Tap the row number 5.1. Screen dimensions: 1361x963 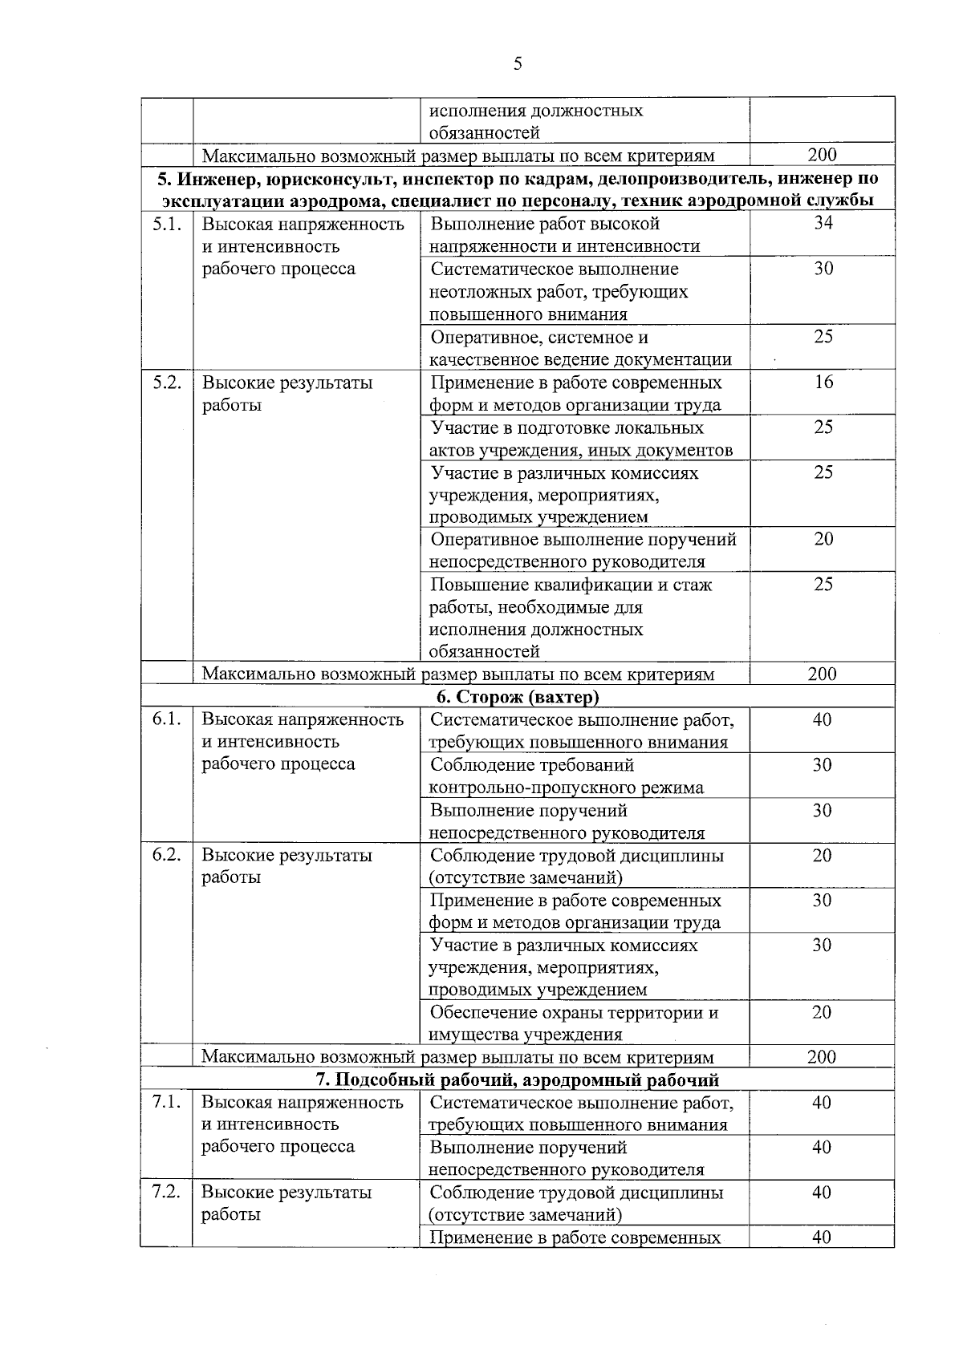(166, 224)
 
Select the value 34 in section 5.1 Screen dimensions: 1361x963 (823, 223)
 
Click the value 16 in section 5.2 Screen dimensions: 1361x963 (823, 382)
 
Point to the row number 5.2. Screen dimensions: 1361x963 (166, 383)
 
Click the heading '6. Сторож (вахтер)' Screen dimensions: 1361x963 (518, 696)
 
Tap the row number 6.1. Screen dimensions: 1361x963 (166, 719)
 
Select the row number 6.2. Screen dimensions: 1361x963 (166, 855)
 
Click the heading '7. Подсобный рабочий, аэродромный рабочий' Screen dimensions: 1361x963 (518, 1079)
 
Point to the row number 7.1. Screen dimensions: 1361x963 (166, 1102)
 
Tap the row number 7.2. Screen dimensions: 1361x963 (166, 1192)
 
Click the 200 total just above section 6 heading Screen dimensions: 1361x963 (822, 674)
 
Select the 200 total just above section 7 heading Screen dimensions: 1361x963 (822, 1056)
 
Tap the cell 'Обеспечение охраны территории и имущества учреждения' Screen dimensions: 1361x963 (573, 1023)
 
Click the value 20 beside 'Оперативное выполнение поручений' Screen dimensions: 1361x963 (823, 539)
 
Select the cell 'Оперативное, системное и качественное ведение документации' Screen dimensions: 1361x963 (579, 348)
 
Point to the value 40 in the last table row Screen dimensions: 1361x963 (821, 1237)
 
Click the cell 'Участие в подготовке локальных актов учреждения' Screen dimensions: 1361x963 (579, 439)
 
